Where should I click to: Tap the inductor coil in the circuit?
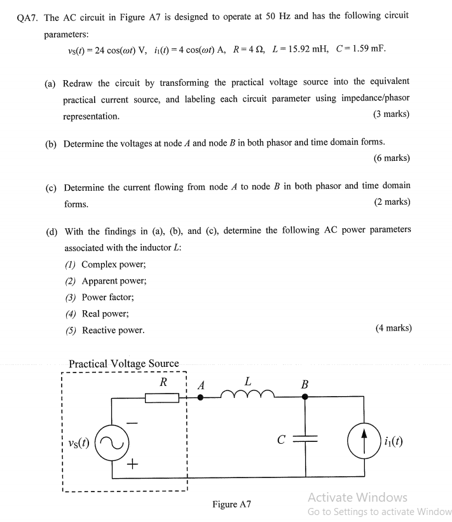point(247,395)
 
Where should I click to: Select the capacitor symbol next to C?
point(305,439)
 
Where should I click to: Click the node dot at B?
point(305,397)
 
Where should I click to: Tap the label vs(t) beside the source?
point(79,440)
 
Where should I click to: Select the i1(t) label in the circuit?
point(395,441)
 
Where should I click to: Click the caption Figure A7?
point(232,504)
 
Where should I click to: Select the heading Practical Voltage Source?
point(123,364)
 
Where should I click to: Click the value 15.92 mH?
point(298,49)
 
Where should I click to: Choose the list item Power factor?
point(107,297)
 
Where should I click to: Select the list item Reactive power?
point(113,330)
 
